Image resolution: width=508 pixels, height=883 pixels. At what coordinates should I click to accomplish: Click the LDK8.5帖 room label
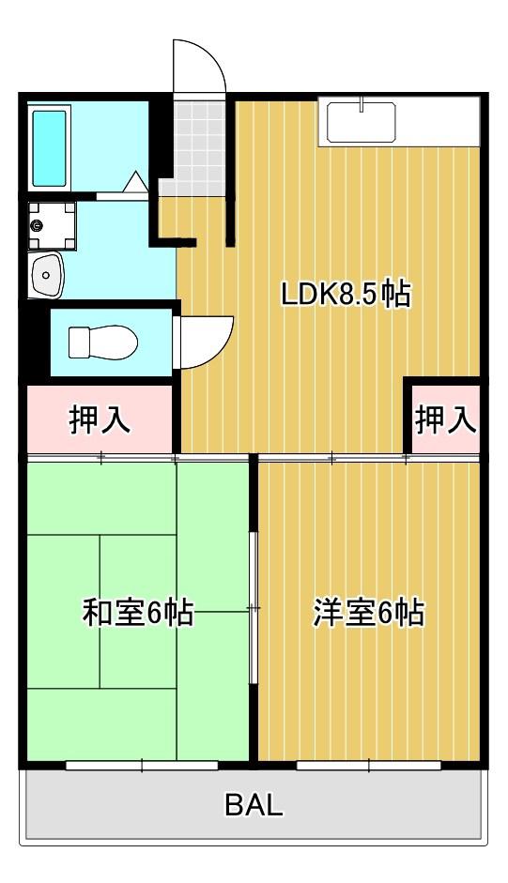click(x=346, y=294)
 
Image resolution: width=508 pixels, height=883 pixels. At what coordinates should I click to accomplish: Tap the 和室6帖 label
click(x=138, y=613)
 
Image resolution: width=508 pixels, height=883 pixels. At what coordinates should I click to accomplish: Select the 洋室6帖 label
click(x=369, y=613)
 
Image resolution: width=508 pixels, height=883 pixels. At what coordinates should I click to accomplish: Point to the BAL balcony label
click(x=254, y=805)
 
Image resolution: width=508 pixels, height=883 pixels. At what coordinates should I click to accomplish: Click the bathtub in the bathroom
click(x=49, y=148)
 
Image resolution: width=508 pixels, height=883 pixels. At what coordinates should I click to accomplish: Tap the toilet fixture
click(x=103, y=342)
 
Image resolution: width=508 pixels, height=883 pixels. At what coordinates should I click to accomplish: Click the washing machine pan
click(x=52, y=225)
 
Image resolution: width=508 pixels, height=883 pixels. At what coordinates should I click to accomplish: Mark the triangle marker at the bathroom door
click(x=135, y=182)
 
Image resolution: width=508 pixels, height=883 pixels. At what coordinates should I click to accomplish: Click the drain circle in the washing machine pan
click(x=38, y=226)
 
